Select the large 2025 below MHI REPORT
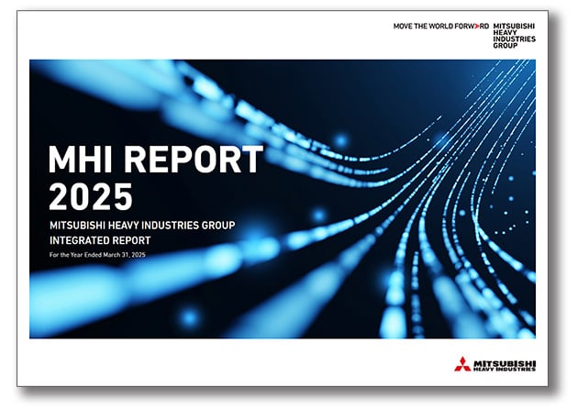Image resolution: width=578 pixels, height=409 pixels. point(90,196)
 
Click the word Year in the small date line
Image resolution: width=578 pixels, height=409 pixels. point(76,256)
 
